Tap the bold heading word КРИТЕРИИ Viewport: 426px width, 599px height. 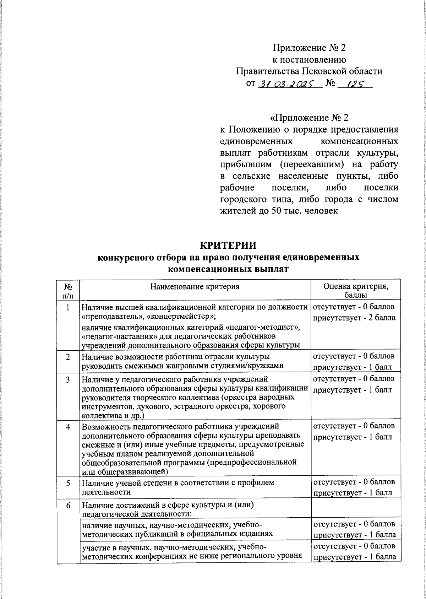coord(228,246)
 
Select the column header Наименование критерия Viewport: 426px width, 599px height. coord(195,286)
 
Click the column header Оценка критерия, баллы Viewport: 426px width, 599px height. coord(355,290)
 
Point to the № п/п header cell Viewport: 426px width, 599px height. coord(67,290)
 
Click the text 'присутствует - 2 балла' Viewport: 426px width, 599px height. coord(354,318)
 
